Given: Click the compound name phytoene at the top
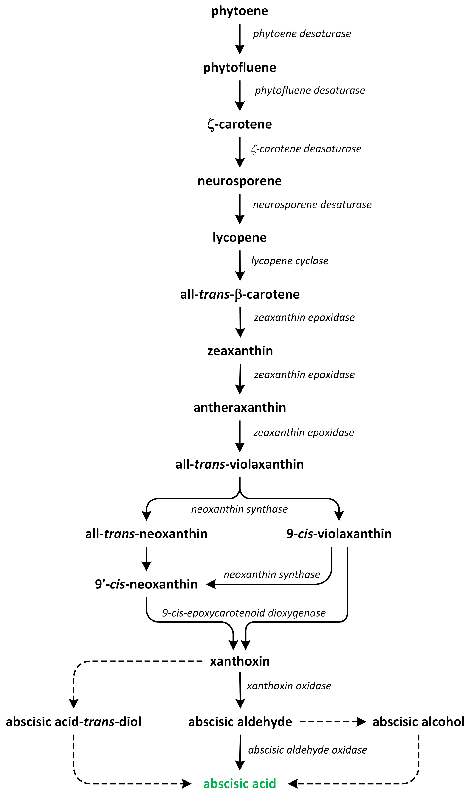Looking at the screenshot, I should click(x=239, y=11).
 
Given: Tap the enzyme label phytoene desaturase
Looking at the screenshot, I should click(x=302, y=34).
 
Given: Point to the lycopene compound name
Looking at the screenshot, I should click(x=239, y=237).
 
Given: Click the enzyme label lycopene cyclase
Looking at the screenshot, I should click(x=289, y=261).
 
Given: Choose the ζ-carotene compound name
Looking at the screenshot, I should click(x=239, y=124).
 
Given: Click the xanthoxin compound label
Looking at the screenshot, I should click(x=240, y=661).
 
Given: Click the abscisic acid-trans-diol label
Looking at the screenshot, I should click(x=73, y=721).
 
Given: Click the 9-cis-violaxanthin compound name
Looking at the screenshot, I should click(x=339, y=534).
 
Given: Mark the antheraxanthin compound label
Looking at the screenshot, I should click(x=239, y=407).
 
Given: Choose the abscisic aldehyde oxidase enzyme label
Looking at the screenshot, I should click(x=307, y=750).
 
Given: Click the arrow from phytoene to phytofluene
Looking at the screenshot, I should click(x=240, y=39).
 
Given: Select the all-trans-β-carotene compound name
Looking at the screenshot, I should click(x=240, y=294).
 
